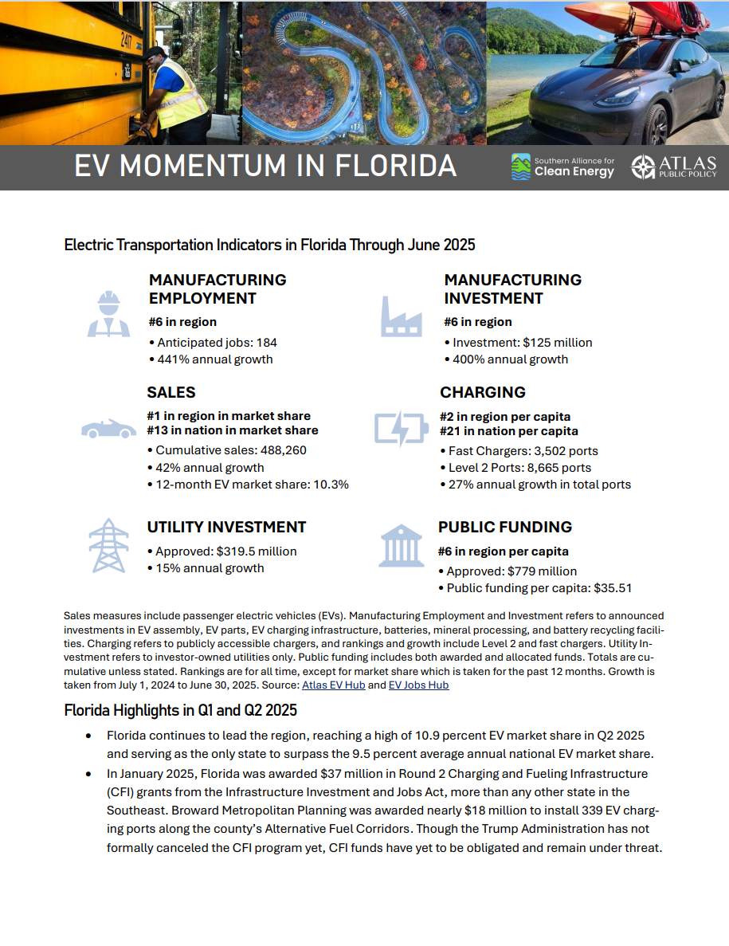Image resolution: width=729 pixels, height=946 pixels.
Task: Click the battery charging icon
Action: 401,428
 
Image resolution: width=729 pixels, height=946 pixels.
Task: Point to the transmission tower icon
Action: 108,546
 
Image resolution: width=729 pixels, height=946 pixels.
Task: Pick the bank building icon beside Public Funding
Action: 401,545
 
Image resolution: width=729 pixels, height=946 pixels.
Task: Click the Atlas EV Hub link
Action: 333,685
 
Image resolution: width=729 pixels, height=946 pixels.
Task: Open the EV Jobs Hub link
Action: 418,685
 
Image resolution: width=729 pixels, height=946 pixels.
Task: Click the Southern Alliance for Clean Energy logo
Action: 562,167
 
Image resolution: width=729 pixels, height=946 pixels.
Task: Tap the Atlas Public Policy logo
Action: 674,167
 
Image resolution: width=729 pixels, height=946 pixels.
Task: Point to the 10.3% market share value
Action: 331,485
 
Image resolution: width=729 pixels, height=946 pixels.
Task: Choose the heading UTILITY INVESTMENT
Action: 226,528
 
